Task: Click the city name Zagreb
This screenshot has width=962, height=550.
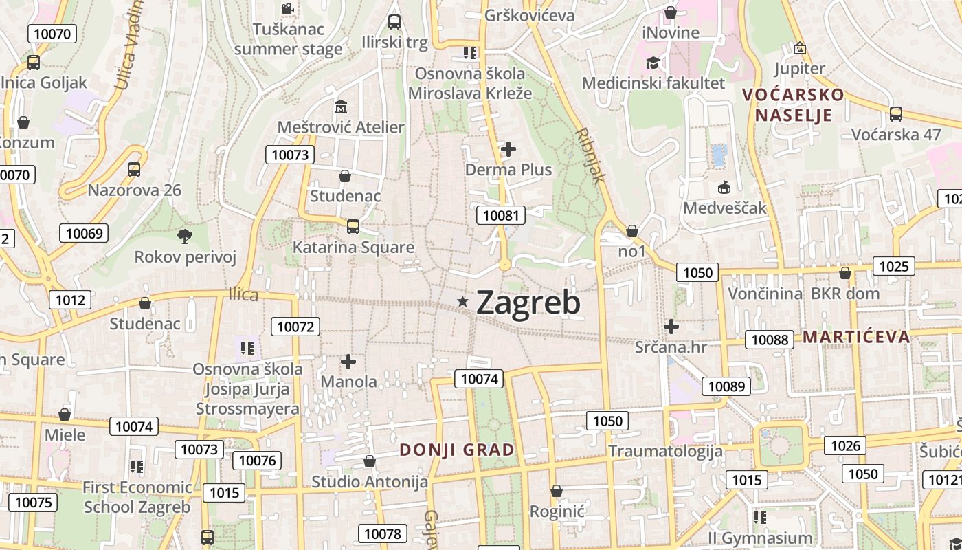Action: point(528,302)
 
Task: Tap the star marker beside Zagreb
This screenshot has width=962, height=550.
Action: point(463,301)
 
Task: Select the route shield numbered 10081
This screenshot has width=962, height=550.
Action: point(501,215)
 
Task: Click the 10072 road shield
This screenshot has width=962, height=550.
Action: point(295,327)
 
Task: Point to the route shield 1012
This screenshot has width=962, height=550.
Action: point(70,299)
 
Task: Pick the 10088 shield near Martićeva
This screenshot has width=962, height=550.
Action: point(770,339)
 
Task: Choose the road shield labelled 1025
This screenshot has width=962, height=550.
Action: point(893,265)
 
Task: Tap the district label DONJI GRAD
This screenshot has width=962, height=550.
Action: point(457,450)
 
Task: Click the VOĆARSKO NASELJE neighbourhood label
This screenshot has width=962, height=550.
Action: point(794,104)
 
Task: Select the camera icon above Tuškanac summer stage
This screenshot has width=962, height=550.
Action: point(287,9)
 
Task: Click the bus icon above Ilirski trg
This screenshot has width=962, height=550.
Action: point(394,21)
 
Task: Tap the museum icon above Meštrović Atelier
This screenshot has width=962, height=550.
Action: point(341,107)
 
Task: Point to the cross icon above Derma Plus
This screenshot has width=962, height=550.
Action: point(508,149)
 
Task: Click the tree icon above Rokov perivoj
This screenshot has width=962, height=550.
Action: point(184,236)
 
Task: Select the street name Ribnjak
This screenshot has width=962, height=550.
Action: point(590,155)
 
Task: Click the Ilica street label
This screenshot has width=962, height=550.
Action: point(243,295)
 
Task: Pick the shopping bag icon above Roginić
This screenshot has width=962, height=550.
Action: point(557,491)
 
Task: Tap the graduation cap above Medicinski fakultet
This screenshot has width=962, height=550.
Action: point(653,63)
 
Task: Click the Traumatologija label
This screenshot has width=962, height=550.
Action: point(665,451)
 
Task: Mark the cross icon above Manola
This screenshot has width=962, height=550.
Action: point(348,361)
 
